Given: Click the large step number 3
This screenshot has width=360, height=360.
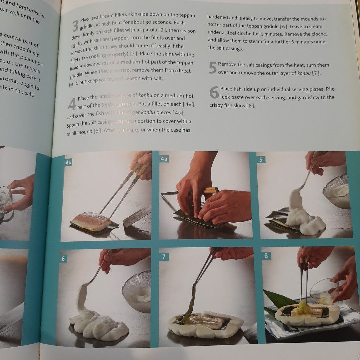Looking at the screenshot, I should pos(76,26).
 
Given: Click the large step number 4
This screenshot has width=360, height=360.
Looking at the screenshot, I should pos(72,104).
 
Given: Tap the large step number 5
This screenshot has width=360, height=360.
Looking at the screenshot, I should pos(213,68).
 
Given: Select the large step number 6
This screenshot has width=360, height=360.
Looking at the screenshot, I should pos(214,92).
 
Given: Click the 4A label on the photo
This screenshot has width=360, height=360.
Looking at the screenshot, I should pos(69,163).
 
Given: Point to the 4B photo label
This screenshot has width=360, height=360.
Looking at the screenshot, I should pos(164,159).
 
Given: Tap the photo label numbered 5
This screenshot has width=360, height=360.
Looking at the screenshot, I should pos(261,160).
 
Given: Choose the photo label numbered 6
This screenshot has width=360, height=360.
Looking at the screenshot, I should pos(64,258).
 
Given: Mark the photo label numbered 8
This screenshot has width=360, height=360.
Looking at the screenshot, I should pos(266,256).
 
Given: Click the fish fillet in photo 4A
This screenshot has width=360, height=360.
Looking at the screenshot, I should pos(91,221).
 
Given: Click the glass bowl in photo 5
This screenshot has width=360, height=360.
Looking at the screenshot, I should pos(337,193).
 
